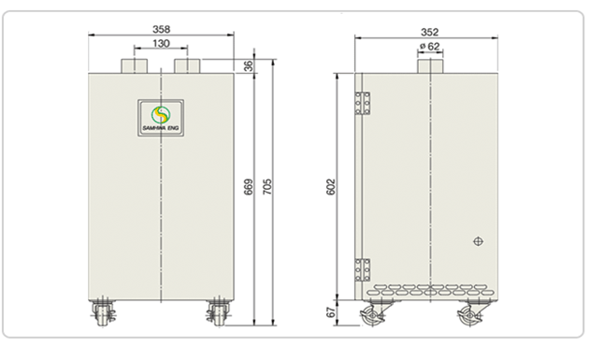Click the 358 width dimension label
pyautogui.click(x=161, y=29)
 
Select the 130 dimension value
pyautogui.click(x=161, y=44)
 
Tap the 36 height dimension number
pyautogui.click(x=249, y=65)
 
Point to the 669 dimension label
pyautogui.click(x=249, y=187)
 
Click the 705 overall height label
pyautogui.click(x=266, y=187)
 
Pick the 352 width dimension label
pyautogui.click(x=429, y=32)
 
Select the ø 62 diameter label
pyautogui.click(x=429, y=46)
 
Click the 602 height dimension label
pyautogui.click(x=330, y=187)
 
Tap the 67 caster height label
pyautogui.click(x=330, y=312)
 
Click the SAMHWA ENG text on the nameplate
pyautogui.click(x=161, y=128)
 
